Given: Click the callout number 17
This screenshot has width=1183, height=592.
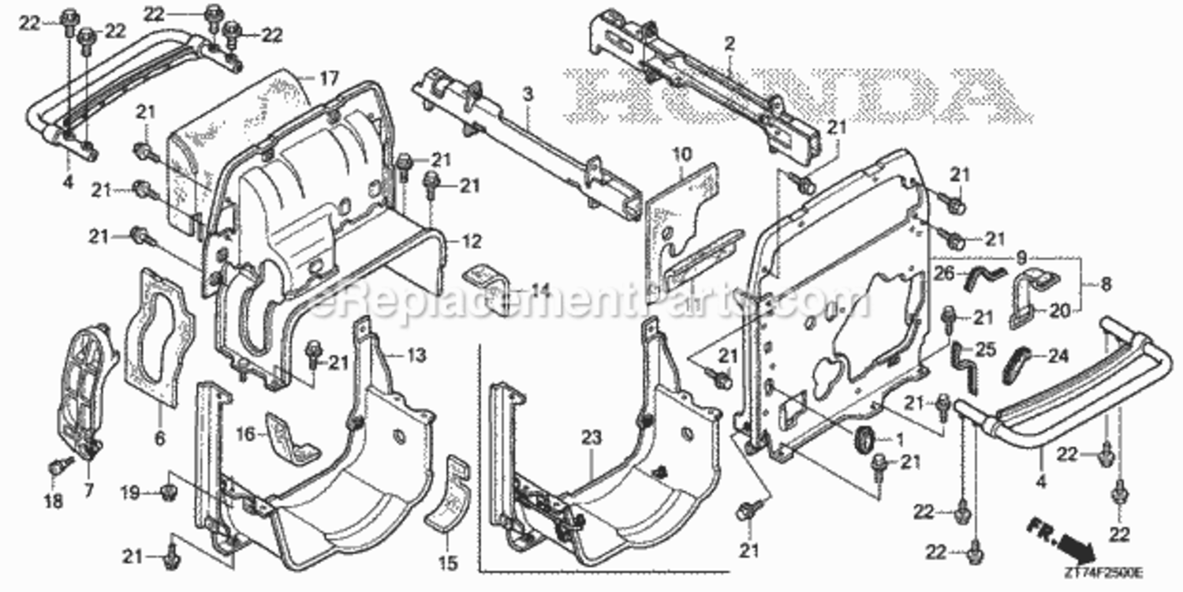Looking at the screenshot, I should pyautogui.click(x=329, y=78).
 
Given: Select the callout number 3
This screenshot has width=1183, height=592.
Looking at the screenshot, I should pyautogui.click(x=528, y=94).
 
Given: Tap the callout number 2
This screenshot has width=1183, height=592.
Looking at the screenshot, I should pyautogui.click(x=730, y=45).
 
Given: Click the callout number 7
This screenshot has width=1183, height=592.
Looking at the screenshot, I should pyautogui.click(x=88, y=490).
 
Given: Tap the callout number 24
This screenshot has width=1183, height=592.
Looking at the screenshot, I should pyautogui.click(x=1058, y=356).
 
